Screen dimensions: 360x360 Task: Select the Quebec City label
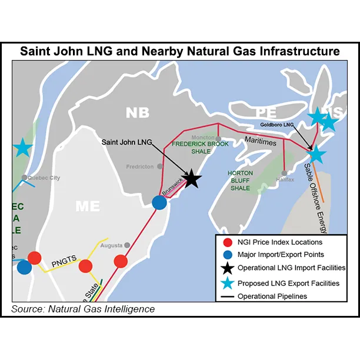tap(41, 178)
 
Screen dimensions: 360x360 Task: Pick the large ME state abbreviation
tap(88, 205)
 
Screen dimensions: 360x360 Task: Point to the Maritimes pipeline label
tap(261, 138)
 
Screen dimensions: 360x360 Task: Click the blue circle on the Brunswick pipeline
tap(159, 202)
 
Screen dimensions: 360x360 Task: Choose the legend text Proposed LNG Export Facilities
tap(288, 283)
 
